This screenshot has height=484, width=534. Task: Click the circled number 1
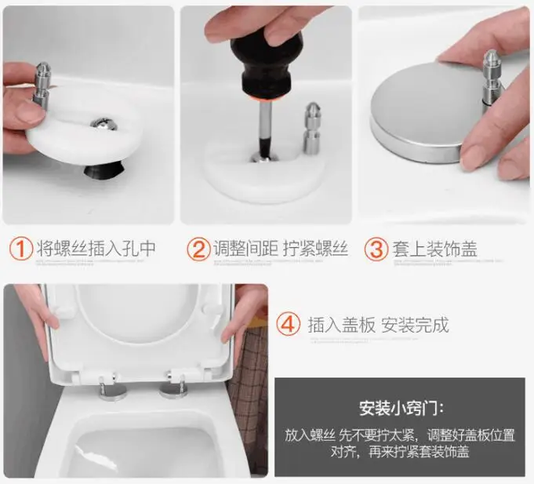click(x=21, y=249)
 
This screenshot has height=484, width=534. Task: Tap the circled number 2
click(x=198, y=249)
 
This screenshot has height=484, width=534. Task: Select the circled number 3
click(x=376, y=249)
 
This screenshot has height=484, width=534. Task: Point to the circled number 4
click(x=288, y=325)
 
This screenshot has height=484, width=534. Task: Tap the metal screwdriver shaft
click(x=265, y=129)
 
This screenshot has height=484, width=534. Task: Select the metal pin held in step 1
click(x=42, y=86)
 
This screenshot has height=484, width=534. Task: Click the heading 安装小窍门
click(x=401, y=408)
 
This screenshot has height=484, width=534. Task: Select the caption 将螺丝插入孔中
click(x=96, y=249)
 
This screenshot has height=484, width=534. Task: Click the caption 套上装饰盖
click(x=434, y=249)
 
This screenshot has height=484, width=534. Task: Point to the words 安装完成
click(x=415, y=325)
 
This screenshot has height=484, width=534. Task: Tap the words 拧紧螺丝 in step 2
click(x=315, y=249)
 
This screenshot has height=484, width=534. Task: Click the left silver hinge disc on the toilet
click(x=112, y=392)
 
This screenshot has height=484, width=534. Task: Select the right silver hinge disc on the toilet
click(x=173, y=390)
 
